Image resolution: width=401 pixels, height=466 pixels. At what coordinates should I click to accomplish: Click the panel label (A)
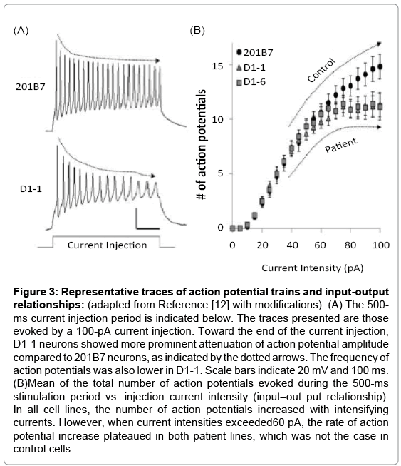coord(21,30)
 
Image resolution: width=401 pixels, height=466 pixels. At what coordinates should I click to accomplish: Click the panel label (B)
coord(197,30)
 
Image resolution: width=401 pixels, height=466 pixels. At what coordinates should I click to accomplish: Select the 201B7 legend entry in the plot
coord(255,52)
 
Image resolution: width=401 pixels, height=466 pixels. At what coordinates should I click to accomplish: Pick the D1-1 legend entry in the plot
coord(251,68)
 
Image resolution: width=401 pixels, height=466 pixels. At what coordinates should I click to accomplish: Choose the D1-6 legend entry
coord(251,82)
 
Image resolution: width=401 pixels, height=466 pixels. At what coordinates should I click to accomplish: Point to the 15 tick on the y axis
coord(217,66)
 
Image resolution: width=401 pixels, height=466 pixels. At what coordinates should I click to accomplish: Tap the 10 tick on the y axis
coord(217,119)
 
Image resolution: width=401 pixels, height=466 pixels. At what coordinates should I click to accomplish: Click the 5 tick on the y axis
coord(220,173)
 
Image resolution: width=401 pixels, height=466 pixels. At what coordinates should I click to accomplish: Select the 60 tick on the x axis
coord(321,245)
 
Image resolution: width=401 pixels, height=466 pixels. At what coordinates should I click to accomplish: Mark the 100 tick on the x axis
coord(381,245)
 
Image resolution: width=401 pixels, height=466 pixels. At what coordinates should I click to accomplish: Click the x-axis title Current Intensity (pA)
coord(312,268)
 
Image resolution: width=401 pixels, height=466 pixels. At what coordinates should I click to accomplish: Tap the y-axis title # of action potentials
coord(202,144)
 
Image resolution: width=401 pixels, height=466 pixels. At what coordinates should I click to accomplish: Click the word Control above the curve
coord(321,70)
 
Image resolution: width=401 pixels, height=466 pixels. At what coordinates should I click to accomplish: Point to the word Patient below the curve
coord(341,145)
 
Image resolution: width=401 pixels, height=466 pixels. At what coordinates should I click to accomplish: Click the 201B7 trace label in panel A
coord(31,87)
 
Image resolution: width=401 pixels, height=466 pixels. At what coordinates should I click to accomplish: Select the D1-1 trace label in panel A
coord(31,188)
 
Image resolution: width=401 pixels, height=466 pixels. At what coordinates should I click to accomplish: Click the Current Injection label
coord(107,245)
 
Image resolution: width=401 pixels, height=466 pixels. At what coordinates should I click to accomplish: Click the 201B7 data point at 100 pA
coord(380,66)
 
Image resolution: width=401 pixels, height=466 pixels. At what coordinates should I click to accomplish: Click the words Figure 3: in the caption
coord(36,292)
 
